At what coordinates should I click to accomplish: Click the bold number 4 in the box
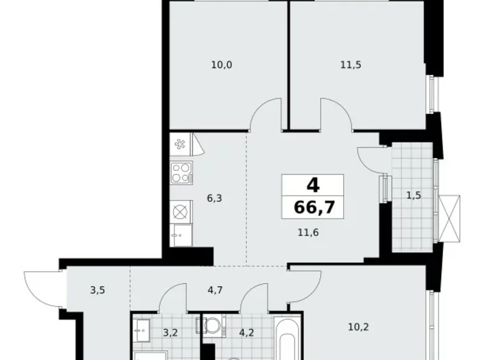click(313, 185)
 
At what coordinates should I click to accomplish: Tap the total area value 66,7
click(313, 206)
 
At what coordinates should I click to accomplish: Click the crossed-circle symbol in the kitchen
click(181, 211)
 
